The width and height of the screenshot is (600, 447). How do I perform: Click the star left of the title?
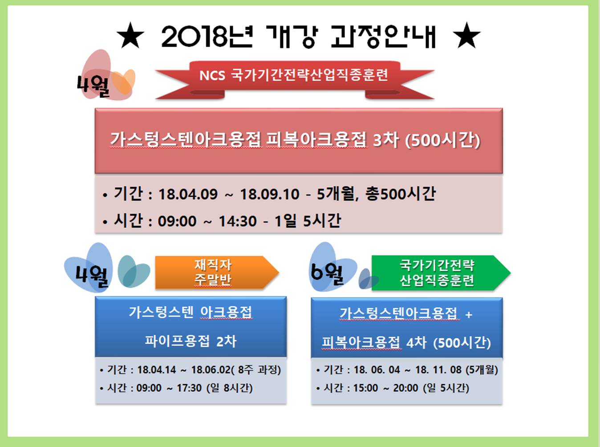click(x=130, y=35)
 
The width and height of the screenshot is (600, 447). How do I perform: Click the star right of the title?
click(x=467, y=35)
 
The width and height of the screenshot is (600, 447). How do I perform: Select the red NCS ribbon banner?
click(x=295, y=80)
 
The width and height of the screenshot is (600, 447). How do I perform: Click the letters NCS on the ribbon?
click(x=212, y=76)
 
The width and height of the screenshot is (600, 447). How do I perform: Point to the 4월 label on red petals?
click(x=93, y=86)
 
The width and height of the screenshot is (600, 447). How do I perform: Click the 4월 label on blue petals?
click(x=92, y=276)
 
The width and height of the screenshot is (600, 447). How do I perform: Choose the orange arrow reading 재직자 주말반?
click(x=217, y=272)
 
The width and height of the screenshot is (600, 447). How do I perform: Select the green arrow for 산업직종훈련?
click(x=441, y=273)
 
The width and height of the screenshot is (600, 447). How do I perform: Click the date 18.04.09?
click(x=188, y=194)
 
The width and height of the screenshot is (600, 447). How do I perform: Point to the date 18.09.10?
click(x=270, y=194)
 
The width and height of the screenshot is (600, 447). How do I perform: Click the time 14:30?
click(x=238, y=221)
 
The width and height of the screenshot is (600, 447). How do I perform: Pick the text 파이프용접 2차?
click(x=191, y=341)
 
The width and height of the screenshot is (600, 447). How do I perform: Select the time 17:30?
click(x=189, y=388)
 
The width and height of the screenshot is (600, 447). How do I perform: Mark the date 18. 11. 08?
click(x=438, y=370)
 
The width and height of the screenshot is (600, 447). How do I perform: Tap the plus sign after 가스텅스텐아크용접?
click(x=469, y=315)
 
